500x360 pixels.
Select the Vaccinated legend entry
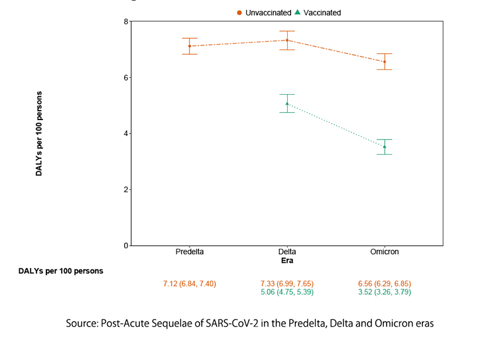click(x=318, y=12)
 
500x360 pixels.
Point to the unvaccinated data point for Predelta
click(x=189, y=46)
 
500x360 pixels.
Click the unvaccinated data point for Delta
click(x=287, y=40)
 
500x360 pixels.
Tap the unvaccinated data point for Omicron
click(x=385, y=62)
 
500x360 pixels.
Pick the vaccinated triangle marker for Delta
click(x=287, y=104)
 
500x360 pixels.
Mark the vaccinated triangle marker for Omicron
click(x=385, y=146)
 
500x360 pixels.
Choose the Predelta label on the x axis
click(x=189, y=252)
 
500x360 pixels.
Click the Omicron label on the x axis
click(x=385, y=252)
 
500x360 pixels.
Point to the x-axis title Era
click(x=286, y=260)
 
